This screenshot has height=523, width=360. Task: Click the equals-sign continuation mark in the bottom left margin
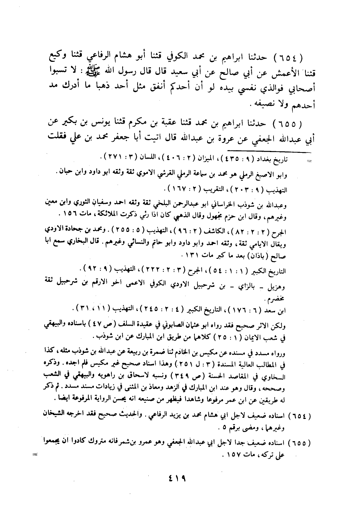coord(35,454)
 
